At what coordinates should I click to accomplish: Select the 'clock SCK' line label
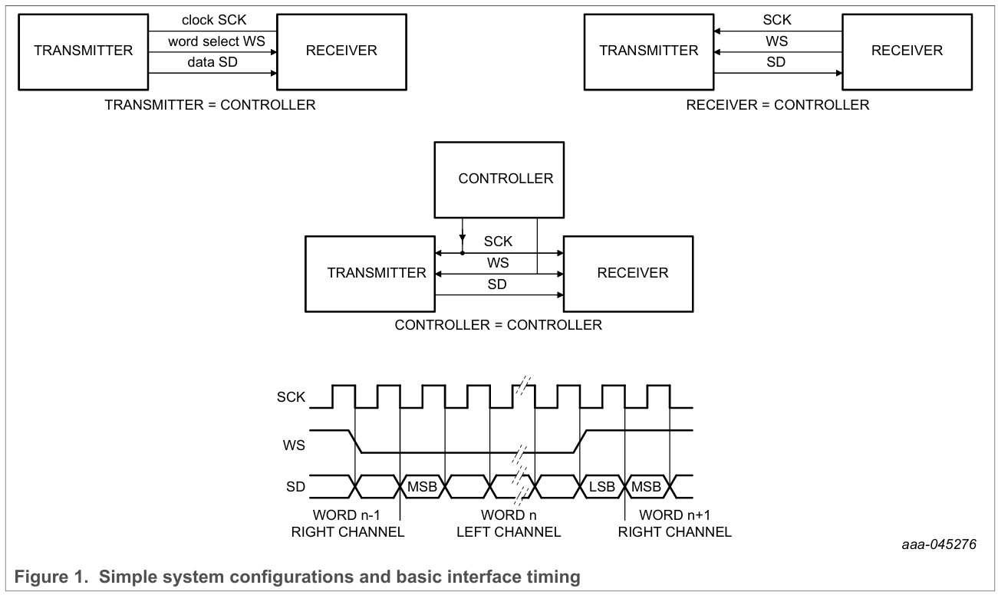click(214, 20)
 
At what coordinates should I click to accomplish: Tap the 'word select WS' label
click(216, 41)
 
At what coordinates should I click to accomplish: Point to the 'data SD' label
click(212, 62)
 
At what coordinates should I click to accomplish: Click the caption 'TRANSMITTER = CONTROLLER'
click(210, 105)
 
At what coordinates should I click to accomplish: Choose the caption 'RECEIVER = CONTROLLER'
click(778, 105)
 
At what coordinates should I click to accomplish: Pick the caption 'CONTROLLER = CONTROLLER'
click(498, 325)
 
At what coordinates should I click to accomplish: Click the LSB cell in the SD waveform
click(602, 486)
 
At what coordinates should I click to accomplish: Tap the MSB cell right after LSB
click(647, 486)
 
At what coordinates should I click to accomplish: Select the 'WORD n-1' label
click(347, 515)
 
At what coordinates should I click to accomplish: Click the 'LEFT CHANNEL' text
click(509, 532)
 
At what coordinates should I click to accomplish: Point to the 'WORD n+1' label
click(674, 515)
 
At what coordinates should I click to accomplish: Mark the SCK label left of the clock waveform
click(291, 397)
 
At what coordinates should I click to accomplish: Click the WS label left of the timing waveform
click(294, 445)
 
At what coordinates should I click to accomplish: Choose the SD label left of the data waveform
click(295, 487)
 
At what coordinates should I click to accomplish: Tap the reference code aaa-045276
click(939, 544)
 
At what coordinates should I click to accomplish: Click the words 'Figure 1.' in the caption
click(51, 577)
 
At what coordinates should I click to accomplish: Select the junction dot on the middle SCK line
click(463, 253)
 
